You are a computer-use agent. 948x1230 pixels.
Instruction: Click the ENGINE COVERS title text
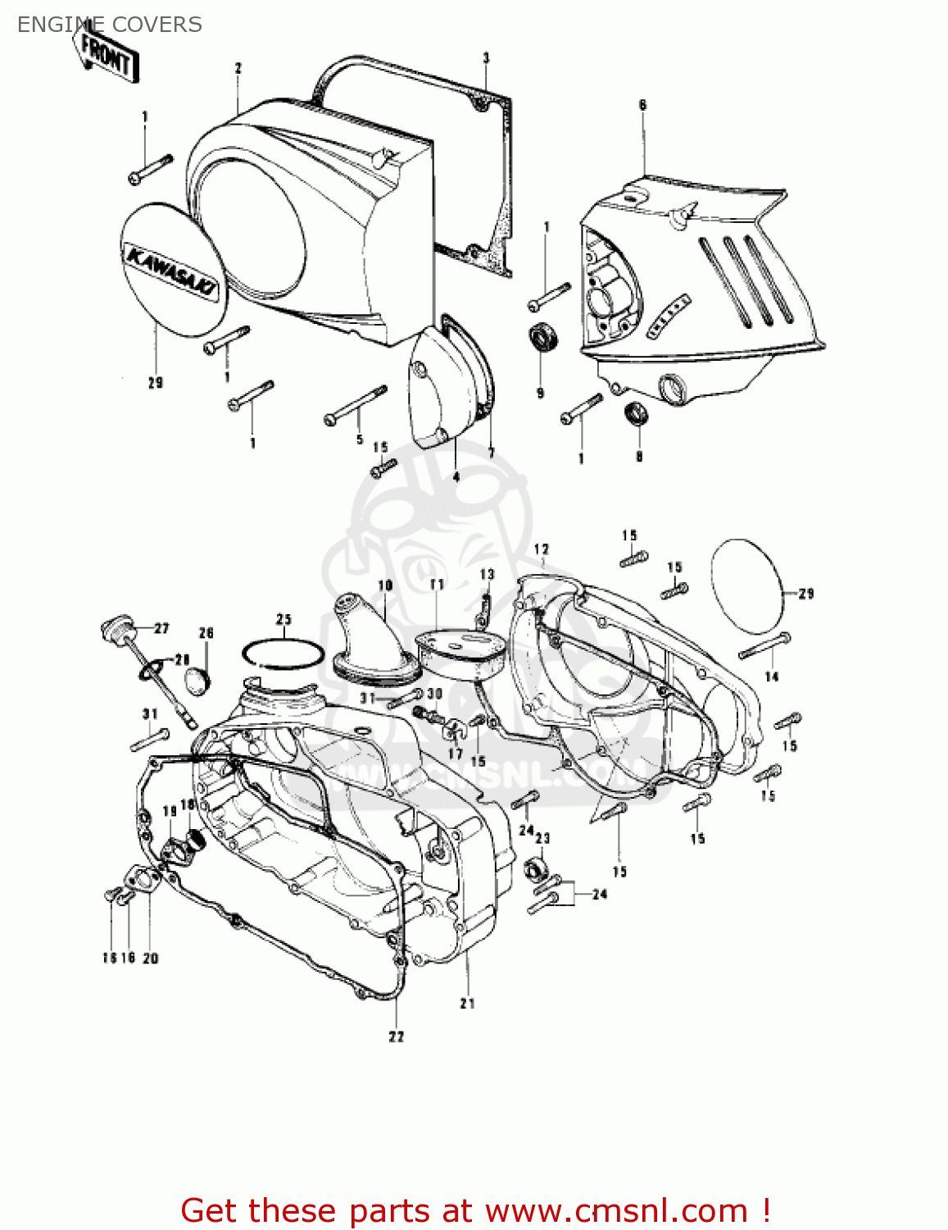coord(109,25)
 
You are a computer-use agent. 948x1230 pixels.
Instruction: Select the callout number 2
coord(238,68)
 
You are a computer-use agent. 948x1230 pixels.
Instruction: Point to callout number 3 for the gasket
coord(486,57)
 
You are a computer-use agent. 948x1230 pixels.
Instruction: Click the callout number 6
coord(642,104)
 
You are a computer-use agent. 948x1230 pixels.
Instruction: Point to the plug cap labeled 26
coord(198,680)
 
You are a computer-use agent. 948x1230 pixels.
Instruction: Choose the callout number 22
coord(397,1036)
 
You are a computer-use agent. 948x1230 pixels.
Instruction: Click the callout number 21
coord(467,1003)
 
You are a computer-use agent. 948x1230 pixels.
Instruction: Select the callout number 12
coord(541,549)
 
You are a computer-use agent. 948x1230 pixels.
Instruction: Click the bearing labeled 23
coord(535,866)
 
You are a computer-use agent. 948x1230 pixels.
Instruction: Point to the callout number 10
coord(385,585)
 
